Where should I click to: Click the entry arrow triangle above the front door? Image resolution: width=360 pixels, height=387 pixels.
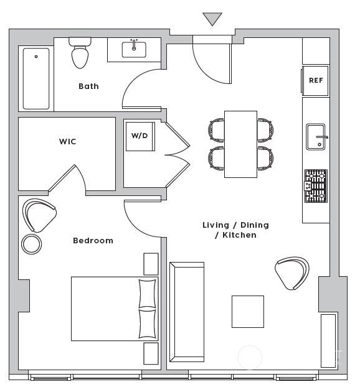coord(212,18)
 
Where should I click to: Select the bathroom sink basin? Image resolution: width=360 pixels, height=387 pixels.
coord(134,50)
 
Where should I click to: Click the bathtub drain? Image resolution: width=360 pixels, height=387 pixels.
coord(36,57)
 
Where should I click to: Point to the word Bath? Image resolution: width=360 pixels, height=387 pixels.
coord(88,86)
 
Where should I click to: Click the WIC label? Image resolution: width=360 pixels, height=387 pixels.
coord(67,141)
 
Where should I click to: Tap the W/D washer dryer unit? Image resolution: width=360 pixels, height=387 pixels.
coord(140,136)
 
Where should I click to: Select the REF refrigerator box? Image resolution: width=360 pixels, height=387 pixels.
coord(315,80)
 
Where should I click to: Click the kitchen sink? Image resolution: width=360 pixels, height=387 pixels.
coord(316,137)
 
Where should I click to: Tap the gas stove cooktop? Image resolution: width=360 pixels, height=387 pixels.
coord(316,186)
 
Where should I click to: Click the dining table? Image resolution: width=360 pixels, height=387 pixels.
coord(240,144)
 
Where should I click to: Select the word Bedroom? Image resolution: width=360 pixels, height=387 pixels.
coord(93,240)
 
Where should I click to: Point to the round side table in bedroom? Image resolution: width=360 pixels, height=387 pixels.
coord(31,244)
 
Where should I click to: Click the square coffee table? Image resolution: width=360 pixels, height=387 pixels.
coord(248,312)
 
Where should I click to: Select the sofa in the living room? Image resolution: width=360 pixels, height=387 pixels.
coord(187,312)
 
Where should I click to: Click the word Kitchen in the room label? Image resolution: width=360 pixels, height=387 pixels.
coord(239,235)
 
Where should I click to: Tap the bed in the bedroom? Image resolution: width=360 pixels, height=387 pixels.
coord(115,309)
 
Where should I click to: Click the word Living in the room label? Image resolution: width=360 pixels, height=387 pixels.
coord(216,225)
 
